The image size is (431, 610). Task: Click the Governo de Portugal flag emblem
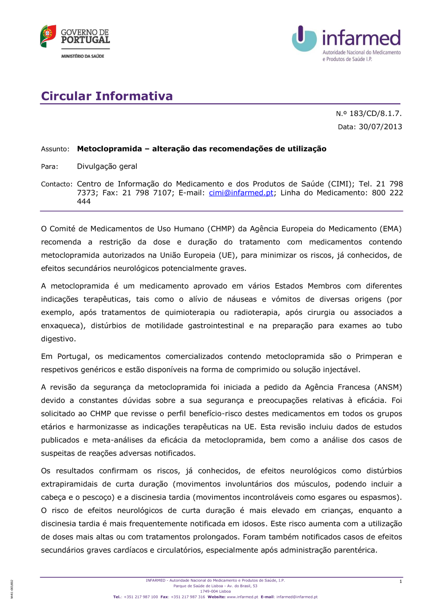pos(48,36)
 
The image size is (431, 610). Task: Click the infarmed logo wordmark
pos(361,38)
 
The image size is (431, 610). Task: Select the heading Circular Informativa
pos(107,96)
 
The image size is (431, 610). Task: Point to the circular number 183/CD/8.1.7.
pos(375,113)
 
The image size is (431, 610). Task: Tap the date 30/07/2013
pos(380,127)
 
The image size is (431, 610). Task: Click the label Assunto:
pos(55,149)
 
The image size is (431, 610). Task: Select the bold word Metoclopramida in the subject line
pos(109,149)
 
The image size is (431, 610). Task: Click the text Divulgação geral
pos(107,167)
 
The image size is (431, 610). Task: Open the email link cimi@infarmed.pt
pos(241,193)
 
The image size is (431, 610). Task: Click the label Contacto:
pos(56,184)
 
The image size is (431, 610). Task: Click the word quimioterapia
pos(190,312)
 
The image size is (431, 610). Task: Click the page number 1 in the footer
pos(400,582)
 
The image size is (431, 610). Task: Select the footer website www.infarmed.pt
pos(242,597)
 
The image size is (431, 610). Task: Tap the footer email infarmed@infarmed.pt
pos(297,597)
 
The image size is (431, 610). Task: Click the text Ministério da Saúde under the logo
pos(83,56)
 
